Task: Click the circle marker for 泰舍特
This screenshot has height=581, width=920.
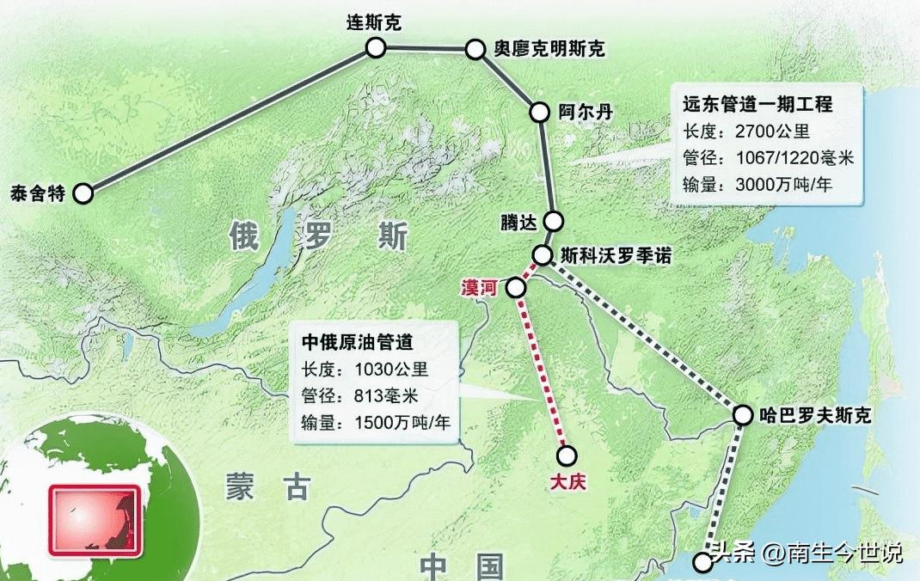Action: coord(83,193)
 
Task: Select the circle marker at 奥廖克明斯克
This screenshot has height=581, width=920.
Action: coord(476,49)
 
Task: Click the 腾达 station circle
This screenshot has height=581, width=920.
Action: coord(553,222)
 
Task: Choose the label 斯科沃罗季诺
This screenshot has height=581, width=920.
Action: coord(615,255)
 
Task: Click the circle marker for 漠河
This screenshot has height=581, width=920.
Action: coord(516,288)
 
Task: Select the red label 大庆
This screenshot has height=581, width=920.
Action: coord(567,481)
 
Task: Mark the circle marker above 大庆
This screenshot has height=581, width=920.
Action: coord(567,456)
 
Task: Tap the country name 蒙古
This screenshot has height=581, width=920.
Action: coord(267,487)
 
